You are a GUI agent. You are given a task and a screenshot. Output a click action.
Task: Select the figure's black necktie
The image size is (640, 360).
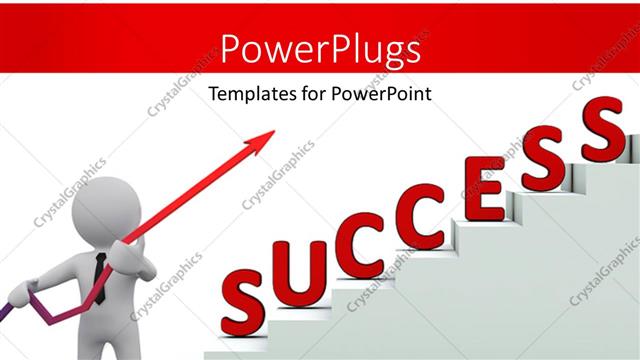tap(100, 272)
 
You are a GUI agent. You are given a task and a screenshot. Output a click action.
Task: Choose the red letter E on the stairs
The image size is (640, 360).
tap(483, 193)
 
